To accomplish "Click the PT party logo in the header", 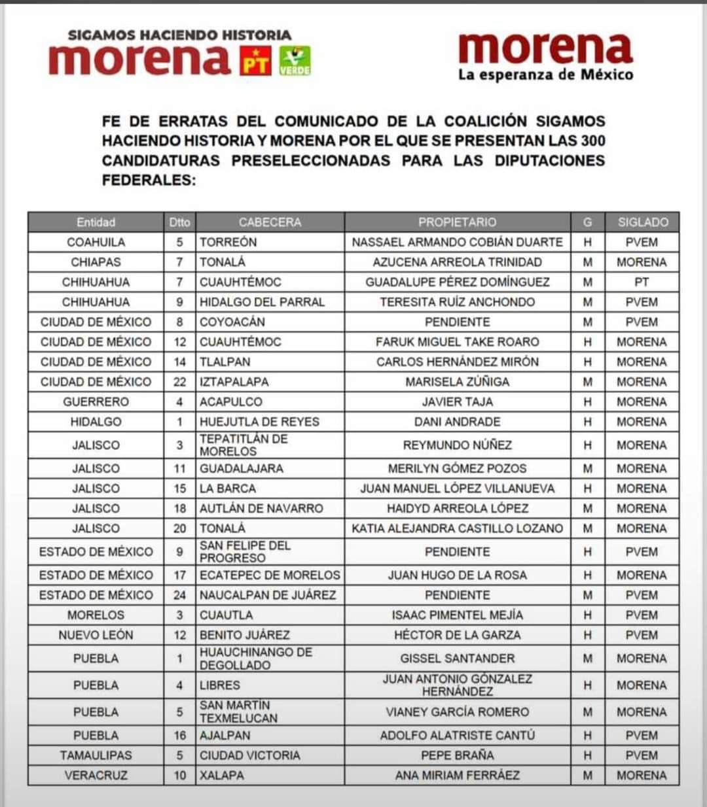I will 255,60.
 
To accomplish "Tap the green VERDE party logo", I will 295,60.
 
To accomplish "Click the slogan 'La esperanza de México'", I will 545,75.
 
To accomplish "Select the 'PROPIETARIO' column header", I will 457,222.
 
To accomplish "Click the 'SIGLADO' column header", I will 642,222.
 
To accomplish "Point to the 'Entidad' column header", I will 96,222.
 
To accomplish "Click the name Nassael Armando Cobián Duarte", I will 457,242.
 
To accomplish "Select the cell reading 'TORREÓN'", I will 228,242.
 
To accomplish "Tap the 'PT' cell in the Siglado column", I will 642,282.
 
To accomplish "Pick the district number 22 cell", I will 179,382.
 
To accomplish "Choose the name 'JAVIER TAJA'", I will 457,402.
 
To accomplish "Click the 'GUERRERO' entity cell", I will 96,402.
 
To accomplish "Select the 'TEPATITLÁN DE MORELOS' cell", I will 244,445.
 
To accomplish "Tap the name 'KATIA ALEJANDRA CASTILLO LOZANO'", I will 457,528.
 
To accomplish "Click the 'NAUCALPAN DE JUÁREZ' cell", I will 268,595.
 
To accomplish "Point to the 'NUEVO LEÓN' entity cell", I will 96,635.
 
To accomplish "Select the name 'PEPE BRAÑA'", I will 457,755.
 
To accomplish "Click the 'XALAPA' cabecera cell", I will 222,776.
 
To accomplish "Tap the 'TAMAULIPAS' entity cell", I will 96,755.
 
